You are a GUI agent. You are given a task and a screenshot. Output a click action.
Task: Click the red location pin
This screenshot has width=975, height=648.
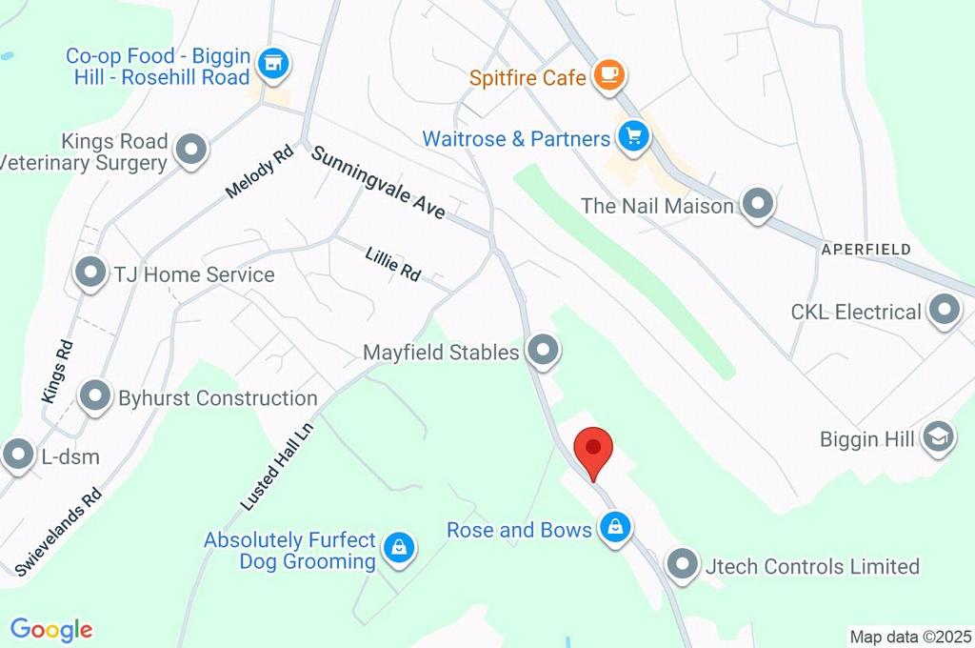click(595, 449)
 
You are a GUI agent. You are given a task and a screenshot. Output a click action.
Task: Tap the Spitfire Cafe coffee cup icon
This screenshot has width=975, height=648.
click(607, 76)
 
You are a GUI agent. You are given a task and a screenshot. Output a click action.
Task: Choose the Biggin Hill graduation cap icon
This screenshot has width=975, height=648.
click(939, 438)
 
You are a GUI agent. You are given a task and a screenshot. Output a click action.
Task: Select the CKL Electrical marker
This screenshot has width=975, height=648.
click(945, 311)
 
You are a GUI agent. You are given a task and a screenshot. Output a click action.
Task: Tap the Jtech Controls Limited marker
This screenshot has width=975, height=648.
click(683, 566)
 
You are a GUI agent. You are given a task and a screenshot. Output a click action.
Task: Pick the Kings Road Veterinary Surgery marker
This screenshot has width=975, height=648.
click(192, 151)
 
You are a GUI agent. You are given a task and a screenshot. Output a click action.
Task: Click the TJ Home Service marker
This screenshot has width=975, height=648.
click(91, 273)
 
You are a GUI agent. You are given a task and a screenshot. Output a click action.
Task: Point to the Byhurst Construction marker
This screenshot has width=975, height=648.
click(95, 396)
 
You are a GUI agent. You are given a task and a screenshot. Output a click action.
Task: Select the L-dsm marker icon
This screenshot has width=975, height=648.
click(19, 456)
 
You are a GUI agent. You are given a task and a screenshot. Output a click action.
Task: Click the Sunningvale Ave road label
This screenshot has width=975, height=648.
click(378, 182)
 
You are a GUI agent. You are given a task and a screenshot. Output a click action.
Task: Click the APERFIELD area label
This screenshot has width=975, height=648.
click(866, 249)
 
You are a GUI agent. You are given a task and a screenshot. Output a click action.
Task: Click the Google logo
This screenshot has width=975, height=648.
click(51, 630)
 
